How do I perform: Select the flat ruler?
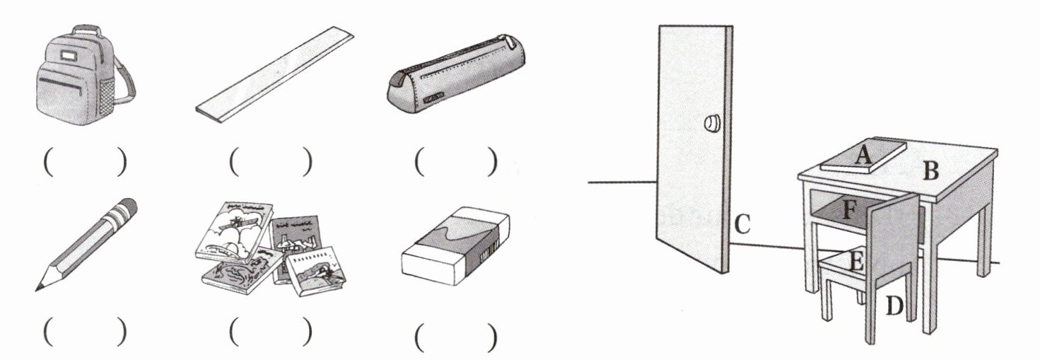[x=274, y=75]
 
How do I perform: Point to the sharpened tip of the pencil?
[x=37, y=290]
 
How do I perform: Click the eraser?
[x=455, y=245]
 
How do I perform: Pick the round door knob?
[x=711, y=124]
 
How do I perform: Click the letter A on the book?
[x=863, y=155]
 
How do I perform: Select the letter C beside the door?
[x=742, y=224]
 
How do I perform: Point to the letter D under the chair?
[x=894, y=306]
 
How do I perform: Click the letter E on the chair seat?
[x=855, y=261]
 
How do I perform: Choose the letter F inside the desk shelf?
[x=848, y=210]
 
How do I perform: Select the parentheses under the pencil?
[x=85, y=331]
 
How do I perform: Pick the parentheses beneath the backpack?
[x=85, y=161]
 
